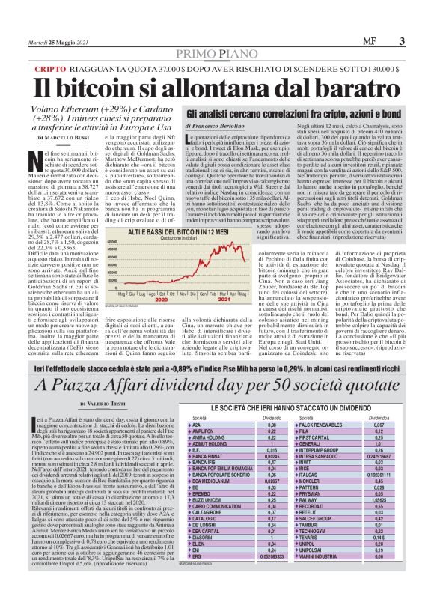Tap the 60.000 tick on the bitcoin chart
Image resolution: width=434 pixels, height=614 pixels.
(114, 243)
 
